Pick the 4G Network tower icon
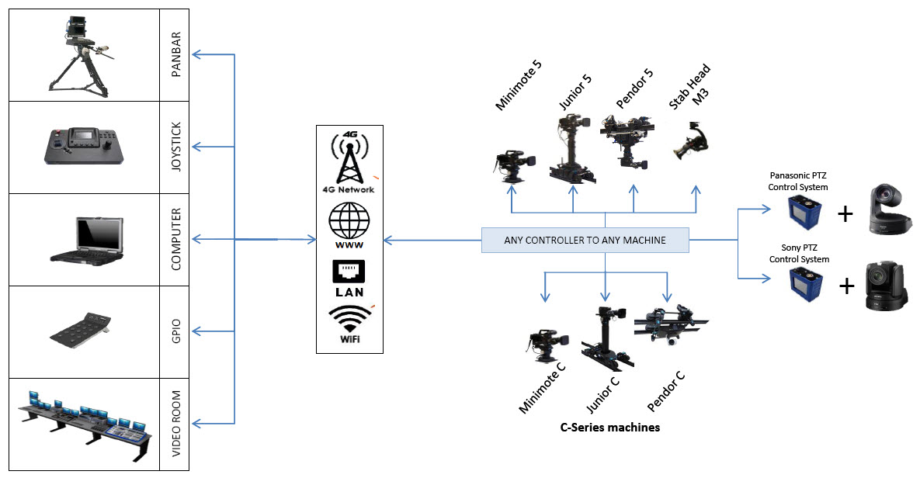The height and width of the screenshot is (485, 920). pyautogui.click(x=349, y=158)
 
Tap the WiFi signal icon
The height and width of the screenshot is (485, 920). pyautogui.click(x=349, y=324)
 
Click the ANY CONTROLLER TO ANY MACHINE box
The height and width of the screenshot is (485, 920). pyautogui.click(x=585, y=241)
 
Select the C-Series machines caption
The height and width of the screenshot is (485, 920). pyautogui.click(x=609, y=428)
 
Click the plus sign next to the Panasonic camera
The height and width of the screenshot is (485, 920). pyautogui.click(x=845, y=214)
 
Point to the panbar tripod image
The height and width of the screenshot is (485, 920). pyautogui.click(x=83, y=52)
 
